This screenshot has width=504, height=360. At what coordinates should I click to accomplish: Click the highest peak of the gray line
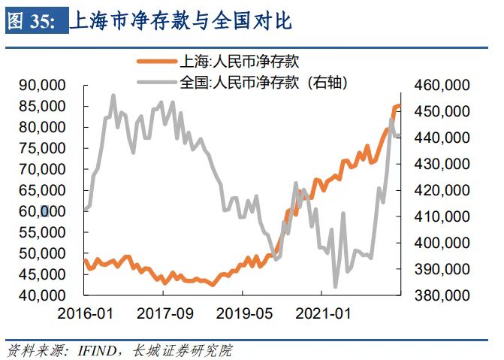click(113, 95)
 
